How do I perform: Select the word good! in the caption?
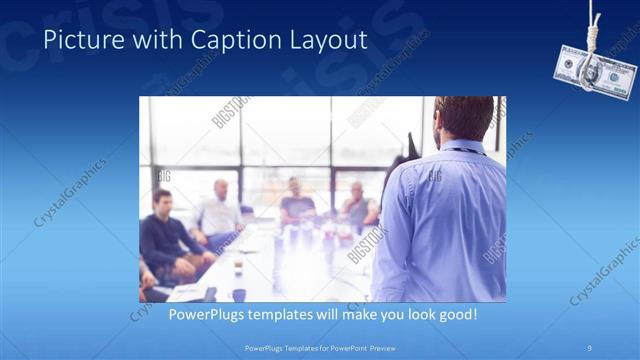point(456,313)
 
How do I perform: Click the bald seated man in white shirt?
point(221,209)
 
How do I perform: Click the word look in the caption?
point(410,313)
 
